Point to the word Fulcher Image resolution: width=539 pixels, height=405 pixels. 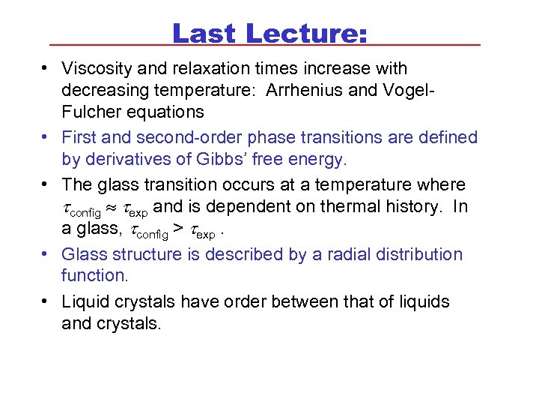(x=88, y=112)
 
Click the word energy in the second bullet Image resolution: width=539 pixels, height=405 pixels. (x=321, y=160)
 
